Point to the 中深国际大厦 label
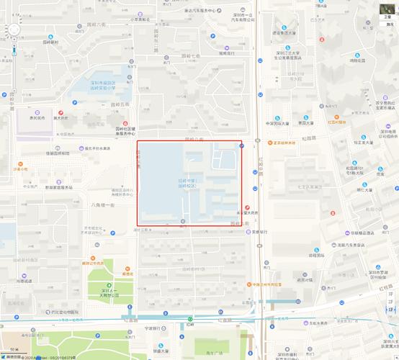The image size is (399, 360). [277, 123]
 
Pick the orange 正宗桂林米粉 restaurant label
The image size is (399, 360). [287, 142]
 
